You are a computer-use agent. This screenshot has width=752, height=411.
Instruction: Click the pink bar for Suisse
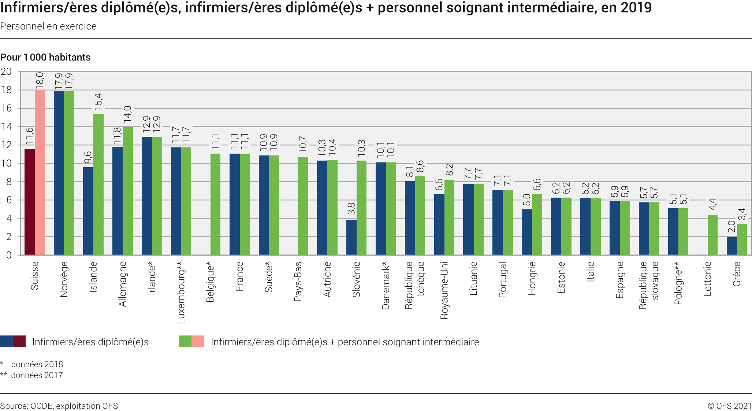click(40, 172)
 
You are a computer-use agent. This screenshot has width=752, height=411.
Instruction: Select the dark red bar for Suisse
click(30, 202)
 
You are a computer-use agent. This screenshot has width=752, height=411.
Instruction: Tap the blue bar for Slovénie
click(351, 237)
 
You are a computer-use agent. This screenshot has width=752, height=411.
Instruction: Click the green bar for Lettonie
click(712, 235)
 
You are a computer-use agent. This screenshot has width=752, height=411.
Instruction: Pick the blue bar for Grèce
click(731, 246)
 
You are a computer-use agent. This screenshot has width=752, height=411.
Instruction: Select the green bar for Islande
click(98, 184)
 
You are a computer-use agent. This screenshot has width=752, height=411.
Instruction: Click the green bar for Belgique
click(215, 204)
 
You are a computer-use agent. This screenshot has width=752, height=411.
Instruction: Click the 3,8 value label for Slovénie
click(351, 209)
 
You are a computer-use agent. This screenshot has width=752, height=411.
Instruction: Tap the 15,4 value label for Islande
click(98, 102)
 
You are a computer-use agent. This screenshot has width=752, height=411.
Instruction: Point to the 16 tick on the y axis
click(6, 108)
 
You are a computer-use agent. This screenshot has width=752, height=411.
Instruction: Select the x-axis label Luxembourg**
click(181, 292)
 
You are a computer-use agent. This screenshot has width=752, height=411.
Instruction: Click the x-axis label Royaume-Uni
click(444, 290)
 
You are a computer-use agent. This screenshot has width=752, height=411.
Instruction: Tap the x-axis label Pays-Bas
click(298, 281)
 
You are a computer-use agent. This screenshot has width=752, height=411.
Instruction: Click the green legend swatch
click(185, 341)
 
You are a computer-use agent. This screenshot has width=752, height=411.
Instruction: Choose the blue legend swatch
click(7, 341)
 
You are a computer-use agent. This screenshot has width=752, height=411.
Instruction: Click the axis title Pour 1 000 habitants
click(45, 57)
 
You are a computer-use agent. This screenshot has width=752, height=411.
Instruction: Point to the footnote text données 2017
click(37, 375)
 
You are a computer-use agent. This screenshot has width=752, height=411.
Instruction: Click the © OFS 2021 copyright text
click(729, 406)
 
